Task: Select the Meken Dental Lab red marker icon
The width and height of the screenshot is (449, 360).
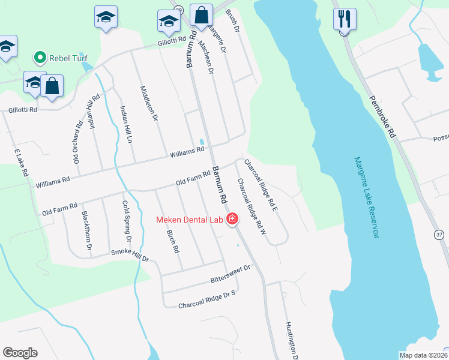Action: point(232,220)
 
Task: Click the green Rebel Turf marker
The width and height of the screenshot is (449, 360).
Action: point(40,58)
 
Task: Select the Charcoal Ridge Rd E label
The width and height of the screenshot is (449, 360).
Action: point(261,184)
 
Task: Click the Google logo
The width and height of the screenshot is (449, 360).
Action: point(20,353)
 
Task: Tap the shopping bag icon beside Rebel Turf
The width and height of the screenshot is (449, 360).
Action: point(52,86)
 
